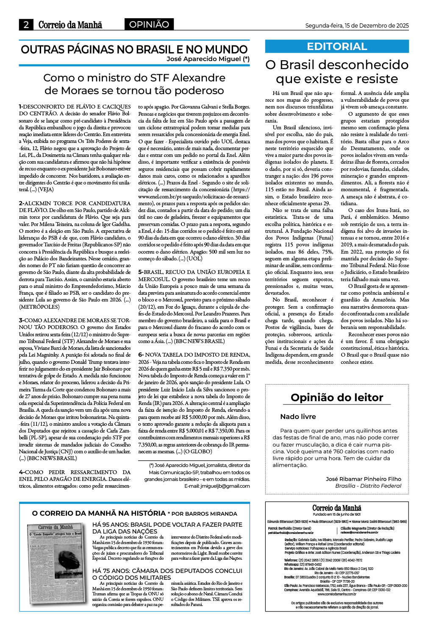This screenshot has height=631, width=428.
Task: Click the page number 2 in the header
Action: pyautogui.click(x=26, y=25)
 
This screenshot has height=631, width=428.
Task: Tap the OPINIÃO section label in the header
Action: pyautogui.click(x=149, y=25)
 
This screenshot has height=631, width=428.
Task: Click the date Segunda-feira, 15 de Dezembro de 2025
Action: pyautogui.click(x=357, y=25)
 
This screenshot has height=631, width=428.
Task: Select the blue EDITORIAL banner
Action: pyautogui.click(x=337, y=46)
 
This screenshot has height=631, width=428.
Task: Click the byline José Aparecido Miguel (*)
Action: pyautogui.click(x=208, y=59)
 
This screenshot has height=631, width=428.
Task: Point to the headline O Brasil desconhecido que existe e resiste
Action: pyautogui.click(x=337, y=72)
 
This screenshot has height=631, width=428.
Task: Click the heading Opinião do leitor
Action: pyautogui.click(x=337, y=397)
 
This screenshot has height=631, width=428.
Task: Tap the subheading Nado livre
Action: pyautogui.click(x=298, y=416)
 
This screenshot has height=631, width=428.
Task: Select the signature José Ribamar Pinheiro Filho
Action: pyautogui.click(x=363, y=479)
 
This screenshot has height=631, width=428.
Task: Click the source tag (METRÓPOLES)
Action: pyautogui.click(x=39, y=307)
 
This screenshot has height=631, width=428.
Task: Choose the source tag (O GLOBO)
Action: pyautogui.click(x=197, y=451)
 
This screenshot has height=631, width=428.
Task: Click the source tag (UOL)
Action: pyautogui.click(x=195, y=258)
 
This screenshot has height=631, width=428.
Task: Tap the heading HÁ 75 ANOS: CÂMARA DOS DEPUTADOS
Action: pyautogui.click(x=167, y=574)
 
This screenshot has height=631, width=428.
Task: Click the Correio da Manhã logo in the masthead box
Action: pyautogui.click(x=337, y=508)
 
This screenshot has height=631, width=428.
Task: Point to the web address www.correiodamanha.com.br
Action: pyautogui.click(x=337, y=594)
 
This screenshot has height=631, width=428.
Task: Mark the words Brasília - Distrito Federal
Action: pyautogui.click(x=368, y=486)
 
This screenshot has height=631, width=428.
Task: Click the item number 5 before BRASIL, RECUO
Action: pyautogui.click(x=140, y=272)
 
